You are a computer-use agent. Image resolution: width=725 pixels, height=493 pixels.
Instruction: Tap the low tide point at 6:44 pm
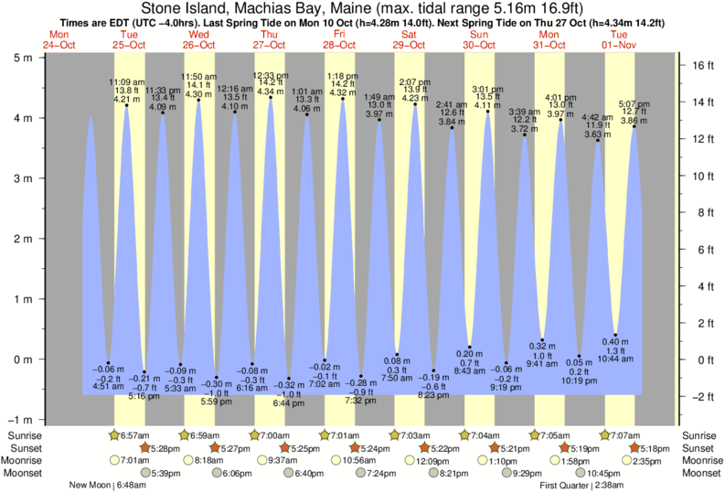pos(289,379)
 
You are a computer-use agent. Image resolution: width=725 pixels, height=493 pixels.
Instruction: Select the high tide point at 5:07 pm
pos(634,126)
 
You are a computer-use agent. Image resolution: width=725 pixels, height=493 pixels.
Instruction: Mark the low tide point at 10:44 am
pos(616,335)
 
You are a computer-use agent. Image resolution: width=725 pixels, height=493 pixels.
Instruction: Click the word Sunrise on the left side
pos(25,434)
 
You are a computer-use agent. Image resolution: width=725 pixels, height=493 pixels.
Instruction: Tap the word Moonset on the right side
pos(700,473)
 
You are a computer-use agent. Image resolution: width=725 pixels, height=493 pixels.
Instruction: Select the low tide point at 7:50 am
pos(398,355)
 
